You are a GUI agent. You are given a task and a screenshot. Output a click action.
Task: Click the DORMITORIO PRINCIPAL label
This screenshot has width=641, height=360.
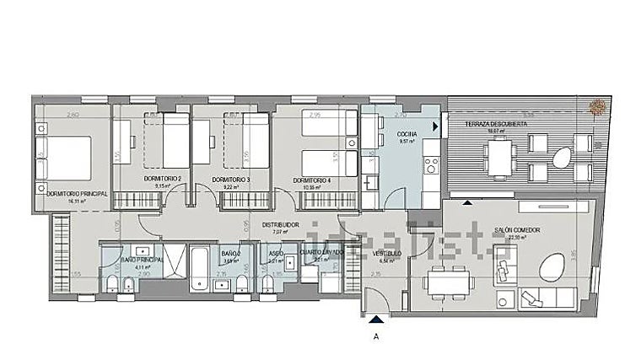coord(72,194)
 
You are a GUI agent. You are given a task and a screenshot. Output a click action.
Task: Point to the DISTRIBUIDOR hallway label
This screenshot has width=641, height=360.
coord(280,224)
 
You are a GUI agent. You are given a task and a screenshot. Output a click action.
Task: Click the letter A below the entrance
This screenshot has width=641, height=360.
coord(374,335)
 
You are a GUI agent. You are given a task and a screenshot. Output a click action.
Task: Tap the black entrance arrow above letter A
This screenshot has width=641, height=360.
coord(374,318)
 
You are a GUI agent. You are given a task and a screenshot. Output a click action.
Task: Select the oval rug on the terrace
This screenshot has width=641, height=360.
coord(560,157)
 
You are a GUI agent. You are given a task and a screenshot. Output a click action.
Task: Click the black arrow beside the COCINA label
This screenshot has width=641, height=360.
coord(435,126)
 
